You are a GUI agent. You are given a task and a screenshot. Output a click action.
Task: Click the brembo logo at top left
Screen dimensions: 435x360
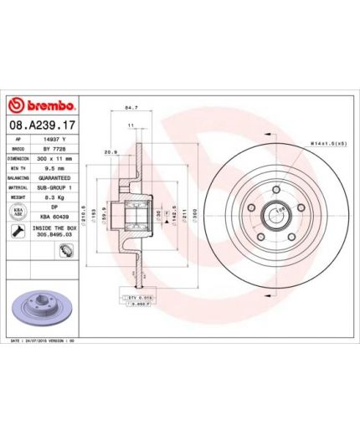pyautogui.click(x=43, y=106)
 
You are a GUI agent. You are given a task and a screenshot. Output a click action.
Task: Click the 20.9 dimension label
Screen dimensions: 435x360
pyautogui.click(x=111, y=152)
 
